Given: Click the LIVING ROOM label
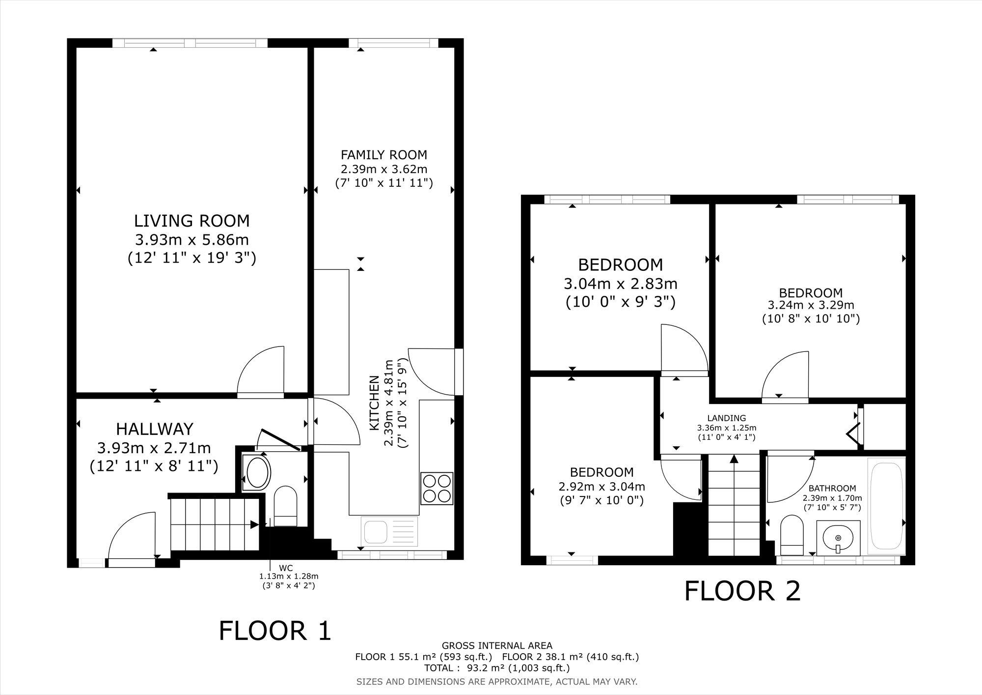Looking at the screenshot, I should [x=192, y=221].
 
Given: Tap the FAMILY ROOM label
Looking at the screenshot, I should [x=384, y=155].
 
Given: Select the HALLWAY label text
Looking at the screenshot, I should [x=154, y=429].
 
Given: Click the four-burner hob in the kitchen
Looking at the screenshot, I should [x=436, y=488].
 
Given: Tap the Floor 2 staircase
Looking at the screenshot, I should [x=734, y=504].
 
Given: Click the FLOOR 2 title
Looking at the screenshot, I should [x=742, y=591].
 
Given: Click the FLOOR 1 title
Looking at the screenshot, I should [x=275, y=631].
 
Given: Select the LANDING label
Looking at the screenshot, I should [x=727, y=418].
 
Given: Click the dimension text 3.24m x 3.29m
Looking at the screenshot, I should [x=811, y=305].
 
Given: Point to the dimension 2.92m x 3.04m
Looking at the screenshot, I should [x=601, y=487].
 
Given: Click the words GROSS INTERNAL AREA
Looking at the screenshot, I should [x=497, y=645].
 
